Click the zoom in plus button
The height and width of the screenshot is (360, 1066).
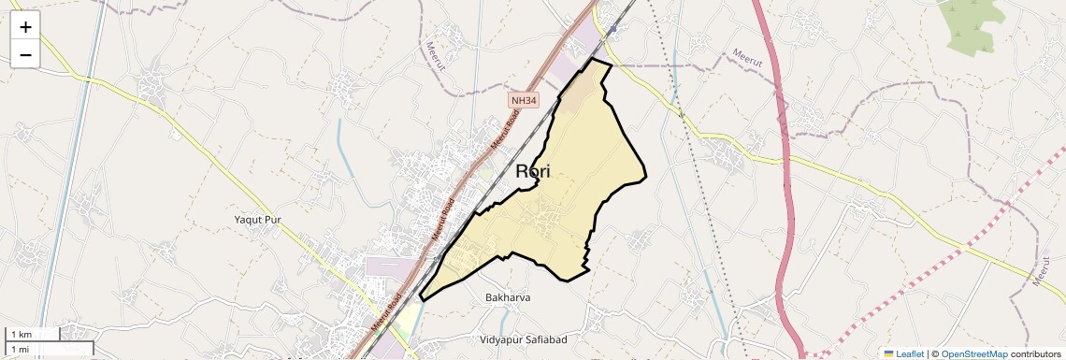(25, 27)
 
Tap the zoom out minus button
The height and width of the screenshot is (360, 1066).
(25, 55)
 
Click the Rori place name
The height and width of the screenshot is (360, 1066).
(533, 171)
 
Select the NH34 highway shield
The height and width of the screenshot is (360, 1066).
(524, 99)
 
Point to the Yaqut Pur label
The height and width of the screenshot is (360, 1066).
(257, 220)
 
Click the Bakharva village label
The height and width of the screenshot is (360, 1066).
(508, 298)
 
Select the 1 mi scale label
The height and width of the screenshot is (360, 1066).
(20, 350)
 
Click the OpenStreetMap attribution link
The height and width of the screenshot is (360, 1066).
(973, 353)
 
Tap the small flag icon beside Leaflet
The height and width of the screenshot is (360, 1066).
(888, 353)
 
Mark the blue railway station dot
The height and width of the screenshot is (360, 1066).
(612, 30)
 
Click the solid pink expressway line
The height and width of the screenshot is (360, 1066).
(784, 187)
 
